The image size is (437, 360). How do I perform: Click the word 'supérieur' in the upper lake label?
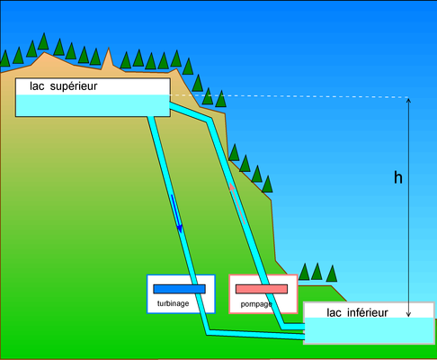[x=74, y=86]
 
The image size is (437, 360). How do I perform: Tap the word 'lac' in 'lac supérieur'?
[x=37, y=86]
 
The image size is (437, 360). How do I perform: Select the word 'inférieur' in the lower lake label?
[x=368, y=312]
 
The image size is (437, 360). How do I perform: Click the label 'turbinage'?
[x=174, y=303]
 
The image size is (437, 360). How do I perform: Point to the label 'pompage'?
[x=256, y=304]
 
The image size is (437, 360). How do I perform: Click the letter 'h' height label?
[x=398, y=177]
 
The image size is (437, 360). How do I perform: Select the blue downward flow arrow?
[x=176, y=213]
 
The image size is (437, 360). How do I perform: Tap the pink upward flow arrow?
[x=237, y=203]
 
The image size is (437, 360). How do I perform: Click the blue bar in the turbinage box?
[x=179, y=289]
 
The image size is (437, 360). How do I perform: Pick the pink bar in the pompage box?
[x=262, y=289]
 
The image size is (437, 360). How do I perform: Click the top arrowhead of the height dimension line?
[x=408, y=100]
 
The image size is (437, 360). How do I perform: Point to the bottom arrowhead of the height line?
[x=408, y=315]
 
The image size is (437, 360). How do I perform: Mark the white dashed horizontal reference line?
[x=290, y=96]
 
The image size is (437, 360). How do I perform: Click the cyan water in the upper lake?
[x=93, y=105]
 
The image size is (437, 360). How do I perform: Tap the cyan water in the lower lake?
[x=370, y=330]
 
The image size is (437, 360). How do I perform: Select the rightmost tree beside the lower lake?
[x=332, y=274]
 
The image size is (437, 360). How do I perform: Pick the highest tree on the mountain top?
[x=43, y=41]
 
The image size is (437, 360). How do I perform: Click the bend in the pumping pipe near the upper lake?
[x=210, y=120]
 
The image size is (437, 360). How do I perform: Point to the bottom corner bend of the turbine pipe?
[x=208, y=332]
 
